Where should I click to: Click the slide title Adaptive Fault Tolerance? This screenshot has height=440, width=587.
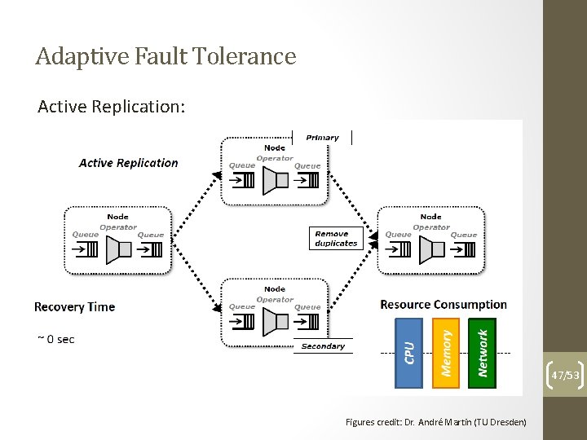[166, 56]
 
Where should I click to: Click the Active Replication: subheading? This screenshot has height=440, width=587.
[111, 107]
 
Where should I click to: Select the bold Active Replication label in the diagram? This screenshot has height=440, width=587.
[128, 163]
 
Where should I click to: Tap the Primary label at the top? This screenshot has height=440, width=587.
[322, 138]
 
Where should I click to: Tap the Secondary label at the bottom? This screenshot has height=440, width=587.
[323, 346]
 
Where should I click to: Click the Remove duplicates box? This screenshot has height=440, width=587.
[336, 238]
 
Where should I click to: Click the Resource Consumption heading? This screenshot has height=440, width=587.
[443, 305]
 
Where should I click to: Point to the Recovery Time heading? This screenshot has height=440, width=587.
[74, 307]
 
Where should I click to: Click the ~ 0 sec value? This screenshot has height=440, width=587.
[55, 339]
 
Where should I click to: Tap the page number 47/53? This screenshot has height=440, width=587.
[565, 375]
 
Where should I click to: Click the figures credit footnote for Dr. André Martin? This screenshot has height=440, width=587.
[436, 422]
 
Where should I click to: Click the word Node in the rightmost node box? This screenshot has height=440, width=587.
[430, 217]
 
